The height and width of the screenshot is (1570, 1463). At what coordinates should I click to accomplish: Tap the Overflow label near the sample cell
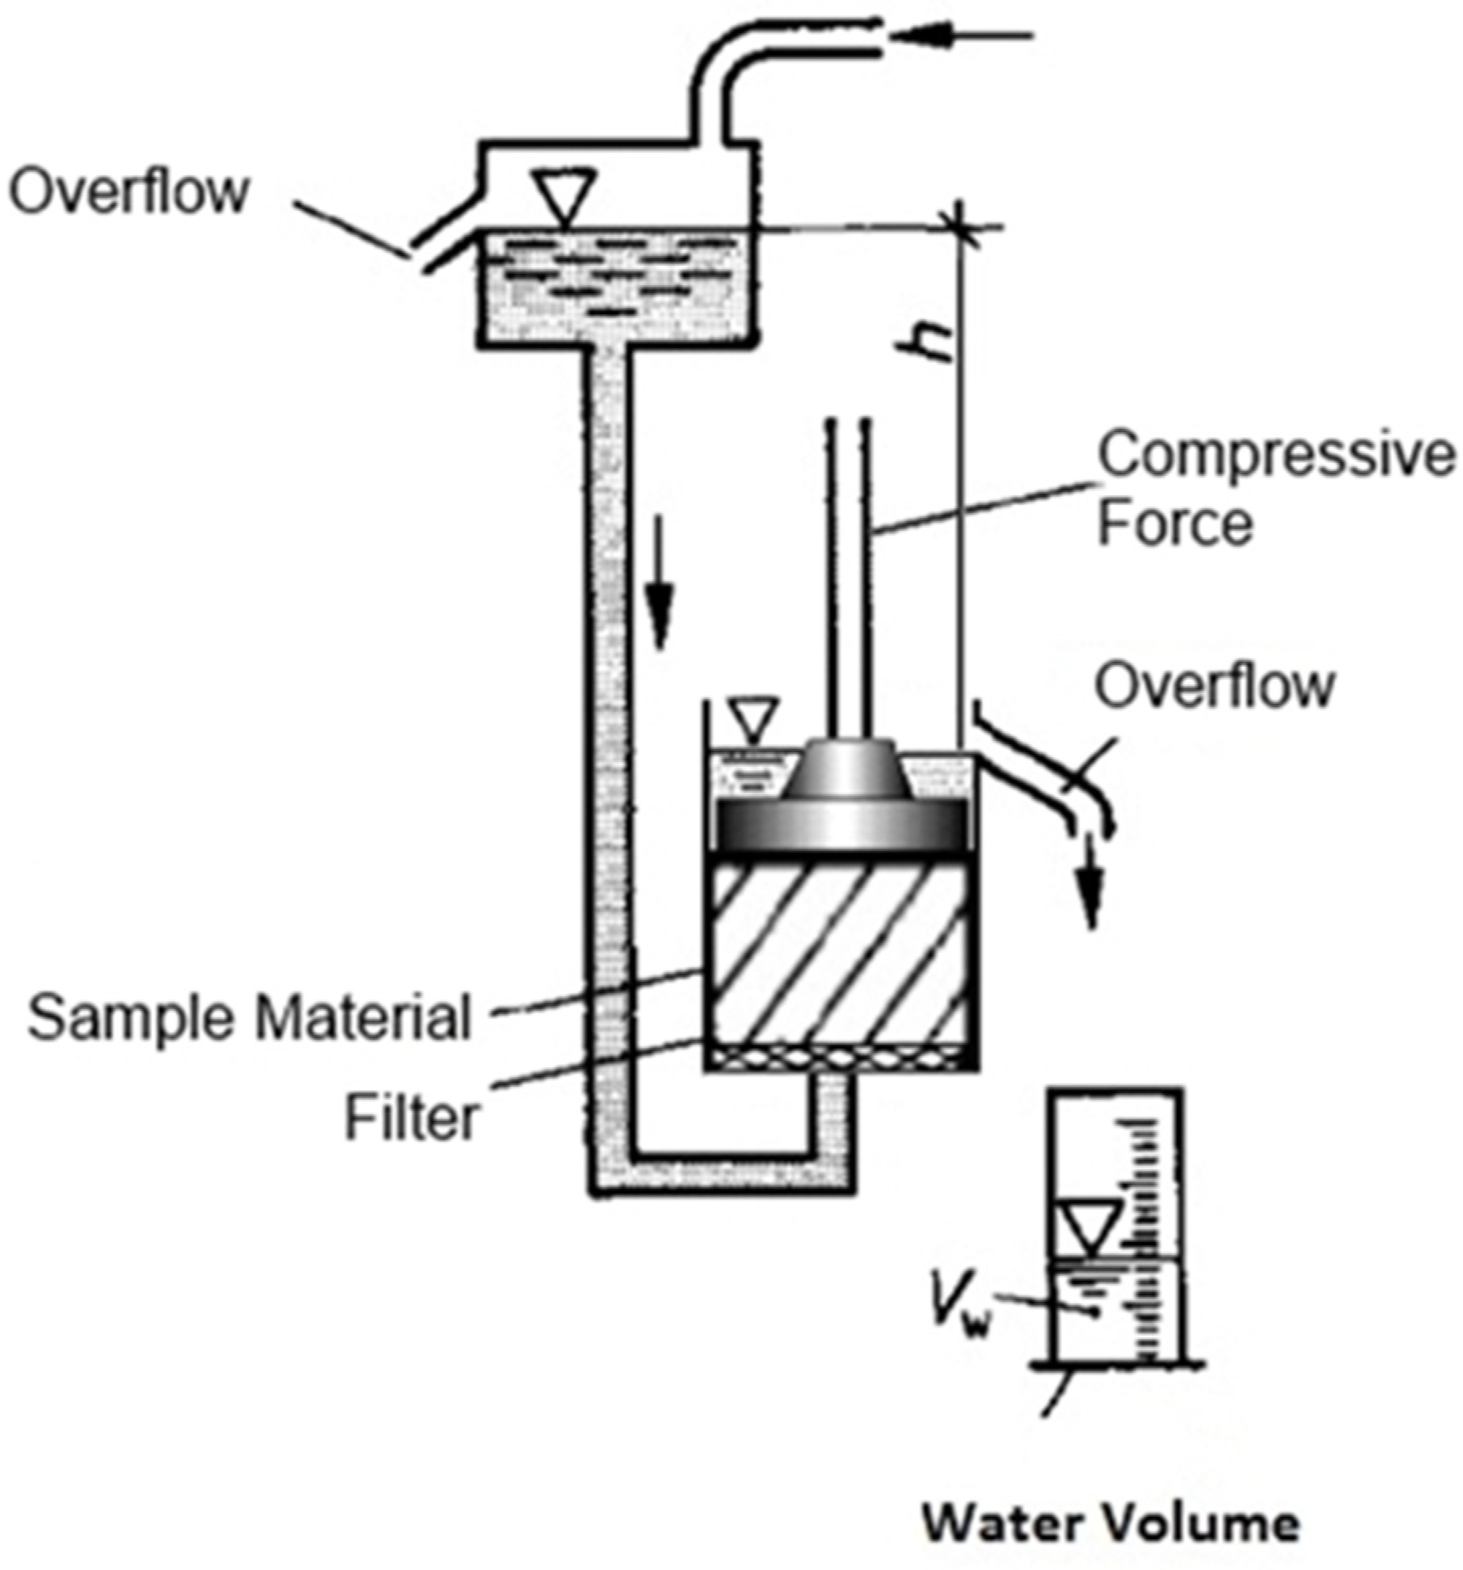point(1213,687)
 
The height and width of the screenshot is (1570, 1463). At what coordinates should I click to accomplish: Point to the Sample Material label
point(249,1017)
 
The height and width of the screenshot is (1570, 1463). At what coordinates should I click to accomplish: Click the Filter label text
point(412,1118)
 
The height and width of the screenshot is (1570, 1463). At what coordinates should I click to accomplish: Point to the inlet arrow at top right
point(962,35)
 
